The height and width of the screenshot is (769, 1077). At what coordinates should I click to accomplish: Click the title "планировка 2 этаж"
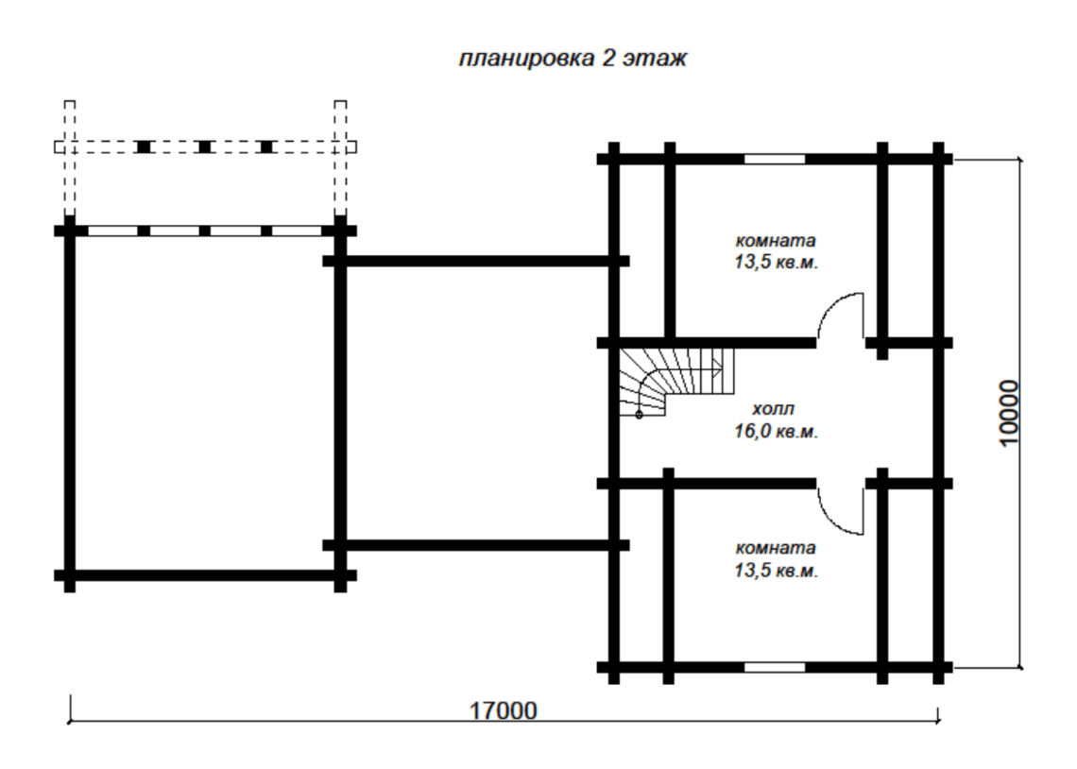pyautogui.click(x=573, y=59)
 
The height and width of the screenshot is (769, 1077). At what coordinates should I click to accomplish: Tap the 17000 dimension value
pyautogui.click(x=503, y=710)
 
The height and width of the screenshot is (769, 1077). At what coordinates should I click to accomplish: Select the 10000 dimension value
pyautogui.click(x=1008, y=413)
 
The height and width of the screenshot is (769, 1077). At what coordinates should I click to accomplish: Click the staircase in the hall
pyautogui.click(x=676, y=382)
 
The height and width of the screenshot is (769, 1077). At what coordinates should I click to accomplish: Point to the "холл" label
pyautogui.click(x=774, y=409)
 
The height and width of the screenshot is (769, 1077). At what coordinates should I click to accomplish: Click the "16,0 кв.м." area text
pyautogui.click(x=777, y=431)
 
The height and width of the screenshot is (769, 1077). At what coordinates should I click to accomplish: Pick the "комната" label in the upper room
pyautogui.click(x=776, y=241)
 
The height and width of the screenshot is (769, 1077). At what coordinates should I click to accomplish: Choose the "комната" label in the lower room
pyautogui.click(x=776, y=548)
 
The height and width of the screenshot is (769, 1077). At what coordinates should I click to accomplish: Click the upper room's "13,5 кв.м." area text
pyautogui.click(x=777, y=263)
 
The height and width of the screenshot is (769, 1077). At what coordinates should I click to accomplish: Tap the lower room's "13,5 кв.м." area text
pyautogui.click(x=777, y=570)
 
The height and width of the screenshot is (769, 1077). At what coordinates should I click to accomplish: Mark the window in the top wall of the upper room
pyautogui.click(x=775, y=160)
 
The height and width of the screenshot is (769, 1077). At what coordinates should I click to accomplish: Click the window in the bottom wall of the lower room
pyautogui.click(x=775, y=667)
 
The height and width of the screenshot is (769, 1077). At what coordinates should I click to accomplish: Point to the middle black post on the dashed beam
pyautogui.click(x=204, y=147)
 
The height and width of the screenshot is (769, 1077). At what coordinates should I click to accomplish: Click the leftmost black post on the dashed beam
pyautogui.click(x=144, y=147)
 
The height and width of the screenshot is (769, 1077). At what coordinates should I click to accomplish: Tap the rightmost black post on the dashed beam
pyautogui.click(x=266, y=147)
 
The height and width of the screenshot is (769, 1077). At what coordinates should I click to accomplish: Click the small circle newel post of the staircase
pyautogui.click(x=639, y=415)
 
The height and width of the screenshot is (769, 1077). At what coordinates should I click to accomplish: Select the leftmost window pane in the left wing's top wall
pyautogui.click(x=112, y=231)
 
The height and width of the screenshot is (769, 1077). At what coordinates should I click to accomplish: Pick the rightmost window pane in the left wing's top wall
pyautogui.click(x=297, y=231)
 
